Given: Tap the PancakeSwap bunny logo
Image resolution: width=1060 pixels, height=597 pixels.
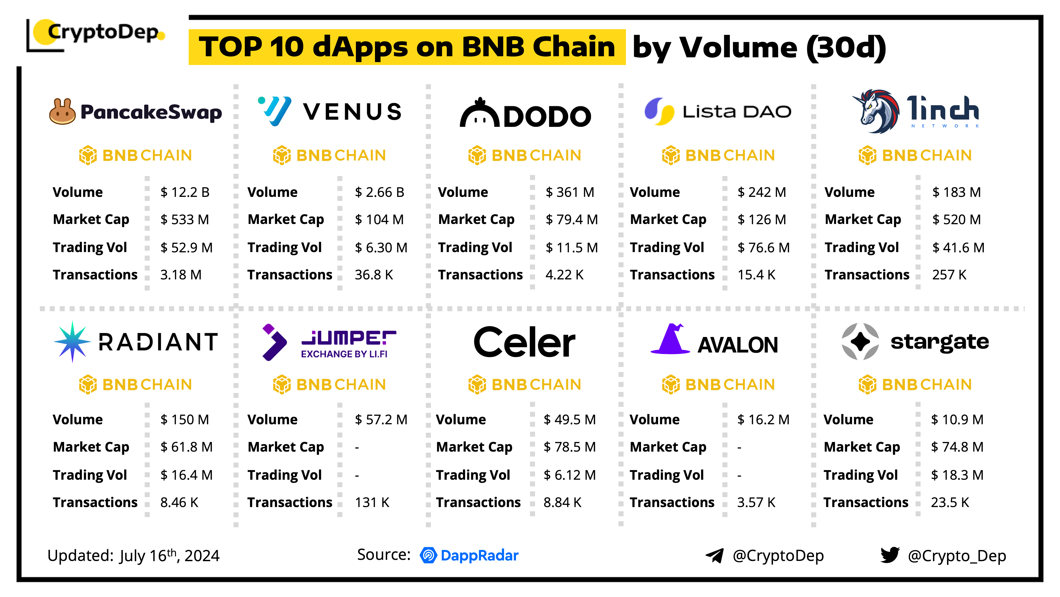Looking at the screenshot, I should (x=62, y=112).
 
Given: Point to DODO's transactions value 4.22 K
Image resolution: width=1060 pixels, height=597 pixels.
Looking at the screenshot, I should (x=564, y=275).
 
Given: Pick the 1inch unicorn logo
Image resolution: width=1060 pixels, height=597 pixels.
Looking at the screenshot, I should (x=875, y=111).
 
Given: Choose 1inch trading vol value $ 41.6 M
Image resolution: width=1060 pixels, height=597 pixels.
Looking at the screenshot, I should (x=958, y=248).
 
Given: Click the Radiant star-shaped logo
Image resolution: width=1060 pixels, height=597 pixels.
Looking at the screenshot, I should (x=72, y=341).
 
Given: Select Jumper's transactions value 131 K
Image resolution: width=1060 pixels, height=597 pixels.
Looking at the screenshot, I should (x=372, y=503).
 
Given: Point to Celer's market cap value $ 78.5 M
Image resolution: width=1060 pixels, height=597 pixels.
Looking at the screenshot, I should (x=569, y=447).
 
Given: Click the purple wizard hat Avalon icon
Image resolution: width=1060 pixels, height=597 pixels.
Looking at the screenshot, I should (x=671, y=340).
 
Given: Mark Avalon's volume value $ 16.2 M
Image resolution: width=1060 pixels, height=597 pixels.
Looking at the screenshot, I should (x=763, y=420).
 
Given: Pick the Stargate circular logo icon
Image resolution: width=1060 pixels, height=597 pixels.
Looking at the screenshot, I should (x=860, y=341).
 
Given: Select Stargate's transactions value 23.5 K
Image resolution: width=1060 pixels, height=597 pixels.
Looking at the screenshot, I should (x=950, y=503).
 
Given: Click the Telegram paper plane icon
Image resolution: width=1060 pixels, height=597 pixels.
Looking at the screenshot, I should (x=715, y=555).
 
